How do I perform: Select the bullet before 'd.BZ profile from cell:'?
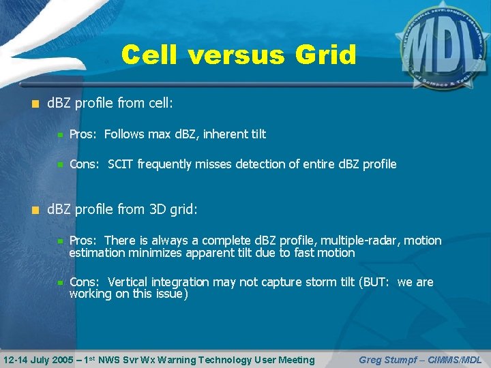coord(35,104)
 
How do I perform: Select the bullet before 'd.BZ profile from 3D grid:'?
coord(35,210)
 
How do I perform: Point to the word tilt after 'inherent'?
coord(255,134)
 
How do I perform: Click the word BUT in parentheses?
coord(374,282)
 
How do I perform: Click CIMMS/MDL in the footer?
coord(454,360)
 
